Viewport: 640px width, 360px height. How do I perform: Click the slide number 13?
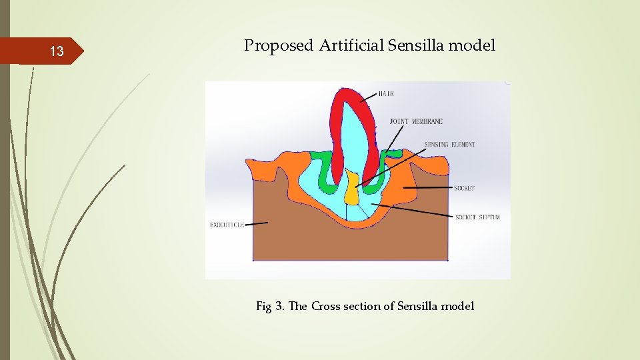(57, 52)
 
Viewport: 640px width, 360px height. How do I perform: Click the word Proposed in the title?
(278, 46)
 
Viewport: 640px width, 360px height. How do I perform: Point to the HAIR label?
(386, 94)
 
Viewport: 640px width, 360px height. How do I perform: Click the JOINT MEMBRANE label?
(416, 122)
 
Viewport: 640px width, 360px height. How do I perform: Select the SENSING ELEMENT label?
(449, 145)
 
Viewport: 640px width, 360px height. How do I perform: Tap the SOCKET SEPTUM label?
(477, 217)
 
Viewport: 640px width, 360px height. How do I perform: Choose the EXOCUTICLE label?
(227, 225)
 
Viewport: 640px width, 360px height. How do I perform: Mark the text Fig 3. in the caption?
(271, 307)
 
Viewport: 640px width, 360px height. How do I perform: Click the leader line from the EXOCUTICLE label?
(257, 224)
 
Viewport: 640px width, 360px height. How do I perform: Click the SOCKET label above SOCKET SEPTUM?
(464, 188)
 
